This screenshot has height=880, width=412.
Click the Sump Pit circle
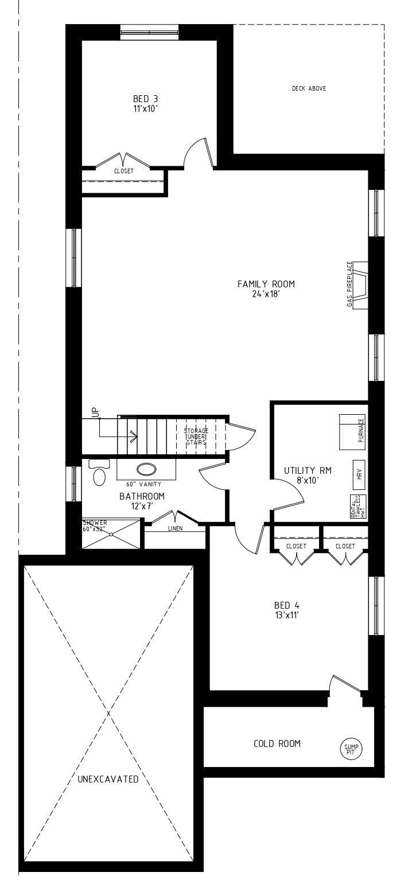click(x=351, y=749)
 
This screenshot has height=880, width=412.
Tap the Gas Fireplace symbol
click(x=360, y=285)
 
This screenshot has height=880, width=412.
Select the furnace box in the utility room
click(x=352, y=432)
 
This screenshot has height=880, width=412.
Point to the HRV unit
click(x=359, y=474)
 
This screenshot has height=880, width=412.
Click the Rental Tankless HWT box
click(x=357, y=507)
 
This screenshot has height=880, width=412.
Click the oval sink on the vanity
click(x=146, y=469)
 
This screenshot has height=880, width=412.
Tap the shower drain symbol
click(x=111, y=534)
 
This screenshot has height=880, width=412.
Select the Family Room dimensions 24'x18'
click(x=266, y=294)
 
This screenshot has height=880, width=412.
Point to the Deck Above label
click(x=309, y=88)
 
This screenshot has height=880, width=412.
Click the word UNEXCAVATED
click(x=108, y=779)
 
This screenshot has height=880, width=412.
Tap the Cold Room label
click(x=277, y=743)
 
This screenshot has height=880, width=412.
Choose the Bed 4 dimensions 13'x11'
click(x=287, y=616)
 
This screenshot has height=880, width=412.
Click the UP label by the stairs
click(x=95, y=412)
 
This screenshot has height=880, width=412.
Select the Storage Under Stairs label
click(x=196, y=437)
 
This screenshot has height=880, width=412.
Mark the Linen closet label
click(x=176, y=528)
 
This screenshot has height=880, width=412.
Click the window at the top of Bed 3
click(x=149, y=32)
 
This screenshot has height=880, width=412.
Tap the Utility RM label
click(x=308, y=470)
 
